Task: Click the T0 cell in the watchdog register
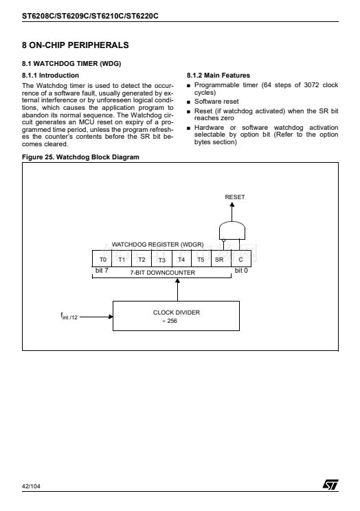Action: tap(102, 259)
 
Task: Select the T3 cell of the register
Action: tap(161, 259)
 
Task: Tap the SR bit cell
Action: tap(221, 259)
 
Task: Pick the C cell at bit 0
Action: tap(241, 259)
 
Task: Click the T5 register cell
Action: tap(201, 259)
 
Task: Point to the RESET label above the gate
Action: tap(235, 197)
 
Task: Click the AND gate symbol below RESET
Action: tap(232, 231)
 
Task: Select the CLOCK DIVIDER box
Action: tap(176, 316)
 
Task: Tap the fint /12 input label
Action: tap(69, 316)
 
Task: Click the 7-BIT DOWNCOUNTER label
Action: tap(162, 273)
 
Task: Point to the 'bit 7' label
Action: tap(102, 271)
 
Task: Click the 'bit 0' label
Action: tap(241, 271)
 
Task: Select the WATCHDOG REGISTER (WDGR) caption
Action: tap(157, 245)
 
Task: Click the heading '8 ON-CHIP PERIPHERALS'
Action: tap(76, 45)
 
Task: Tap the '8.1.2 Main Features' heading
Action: tap(218, 76)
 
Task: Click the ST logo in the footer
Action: tap(330, 484)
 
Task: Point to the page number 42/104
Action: tap(31, 486)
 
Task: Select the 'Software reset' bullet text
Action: tap(216, 102)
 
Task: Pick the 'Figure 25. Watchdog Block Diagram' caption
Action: tap(80, 157)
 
